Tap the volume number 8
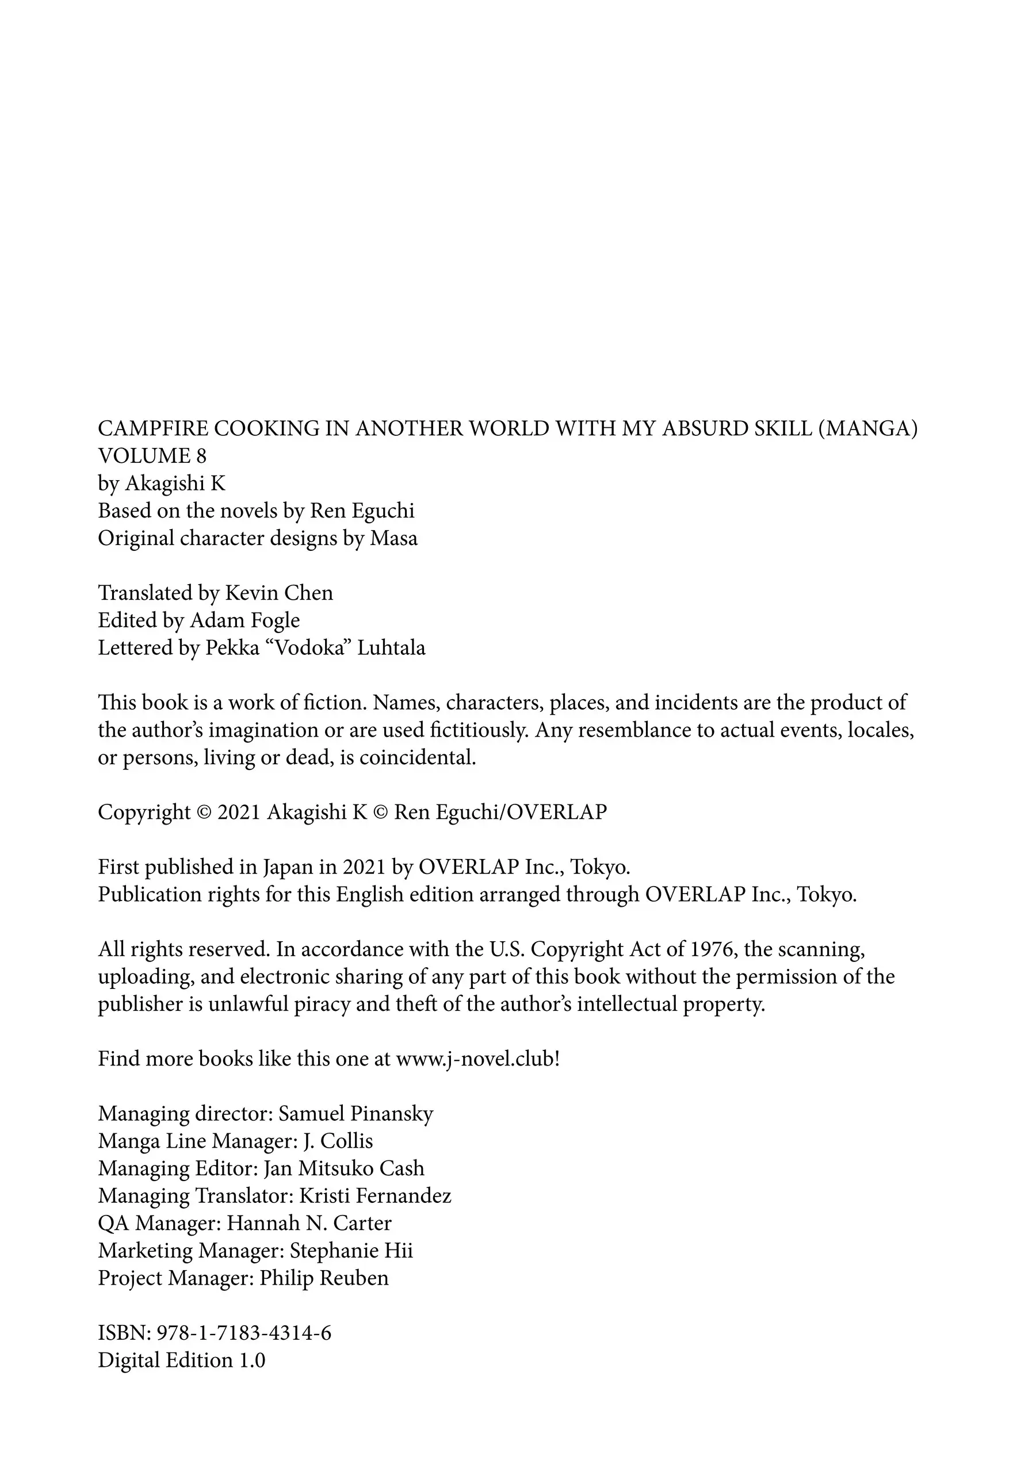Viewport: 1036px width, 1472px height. tap(201, 456)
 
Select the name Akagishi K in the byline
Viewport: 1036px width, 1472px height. tap(175, 484)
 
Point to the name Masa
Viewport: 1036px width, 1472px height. tap(393, 539)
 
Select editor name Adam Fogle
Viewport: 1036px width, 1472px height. tap(244, 620)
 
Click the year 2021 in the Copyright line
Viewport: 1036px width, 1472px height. tap(239, 812)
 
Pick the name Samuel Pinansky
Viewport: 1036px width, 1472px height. tap(355, 1114)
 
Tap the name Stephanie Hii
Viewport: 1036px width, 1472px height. tap(351, 1251)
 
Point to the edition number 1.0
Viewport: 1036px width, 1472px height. tap(252, 1360)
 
